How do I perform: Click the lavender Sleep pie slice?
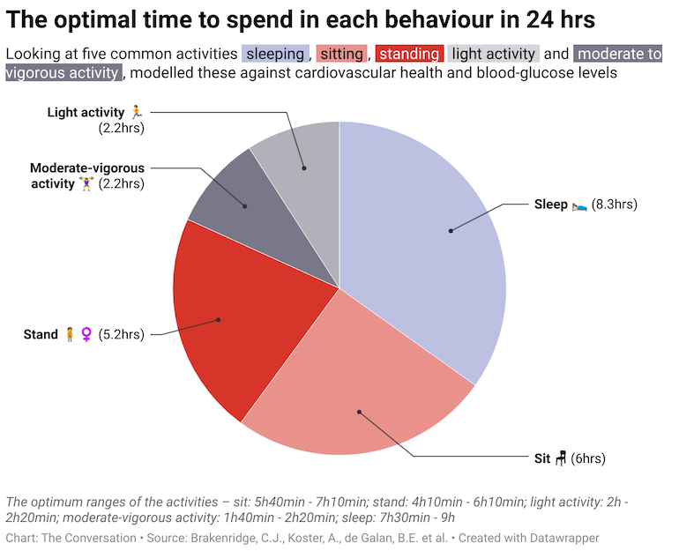(x=423, y=256)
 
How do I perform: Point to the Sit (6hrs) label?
(x=570, y=458)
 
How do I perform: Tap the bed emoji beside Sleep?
(x=579, y=205)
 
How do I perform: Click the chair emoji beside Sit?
(x=560, y=458)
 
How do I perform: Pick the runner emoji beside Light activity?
(x=135, y=112)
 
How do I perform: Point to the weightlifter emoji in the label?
(x=86, y=183)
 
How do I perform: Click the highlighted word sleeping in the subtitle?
(x=274, y=54)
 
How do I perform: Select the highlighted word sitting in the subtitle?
(x=341, y=54)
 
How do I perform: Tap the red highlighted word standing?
(x=408, y=54)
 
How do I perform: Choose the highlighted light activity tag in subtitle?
(x=493, y=54)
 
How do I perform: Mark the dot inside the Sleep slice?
(x=450, y=231)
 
